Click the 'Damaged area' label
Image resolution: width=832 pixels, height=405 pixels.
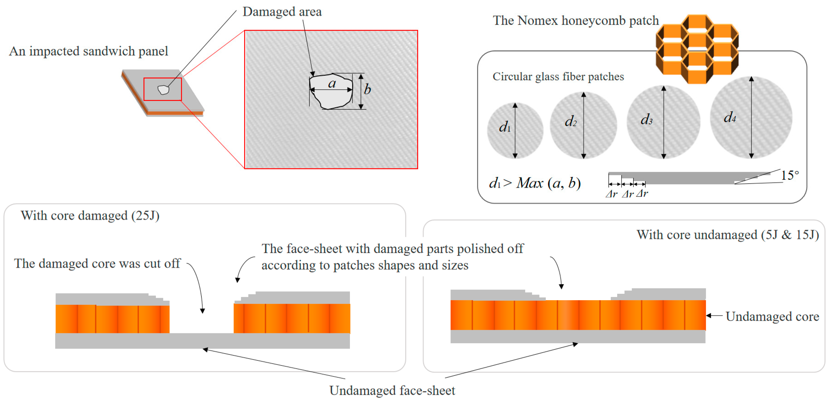282,12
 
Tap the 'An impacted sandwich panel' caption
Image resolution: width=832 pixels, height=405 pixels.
88,51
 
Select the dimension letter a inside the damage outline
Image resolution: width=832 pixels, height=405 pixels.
332,84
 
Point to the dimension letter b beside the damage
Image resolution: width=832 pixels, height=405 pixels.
367,89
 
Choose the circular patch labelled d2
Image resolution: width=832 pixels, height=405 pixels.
583,125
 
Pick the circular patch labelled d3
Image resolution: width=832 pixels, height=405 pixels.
663,122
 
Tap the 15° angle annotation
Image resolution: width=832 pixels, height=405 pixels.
790,175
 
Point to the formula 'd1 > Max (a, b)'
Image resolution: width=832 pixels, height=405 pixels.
534,183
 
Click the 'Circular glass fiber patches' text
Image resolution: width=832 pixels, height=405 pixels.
558,77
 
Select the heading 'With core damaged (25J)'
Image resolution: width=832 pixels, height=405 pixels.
90,216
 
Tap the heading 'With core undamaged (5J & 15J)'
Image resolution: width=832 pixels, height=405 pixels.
727,235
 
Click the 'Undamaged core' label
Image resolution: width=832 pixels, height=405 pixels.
772,316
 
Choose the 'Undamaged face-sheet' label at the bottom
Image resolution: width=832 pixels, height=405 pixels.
392,391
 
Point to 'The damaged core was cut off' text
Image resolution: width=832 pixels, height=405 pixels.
97,264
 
